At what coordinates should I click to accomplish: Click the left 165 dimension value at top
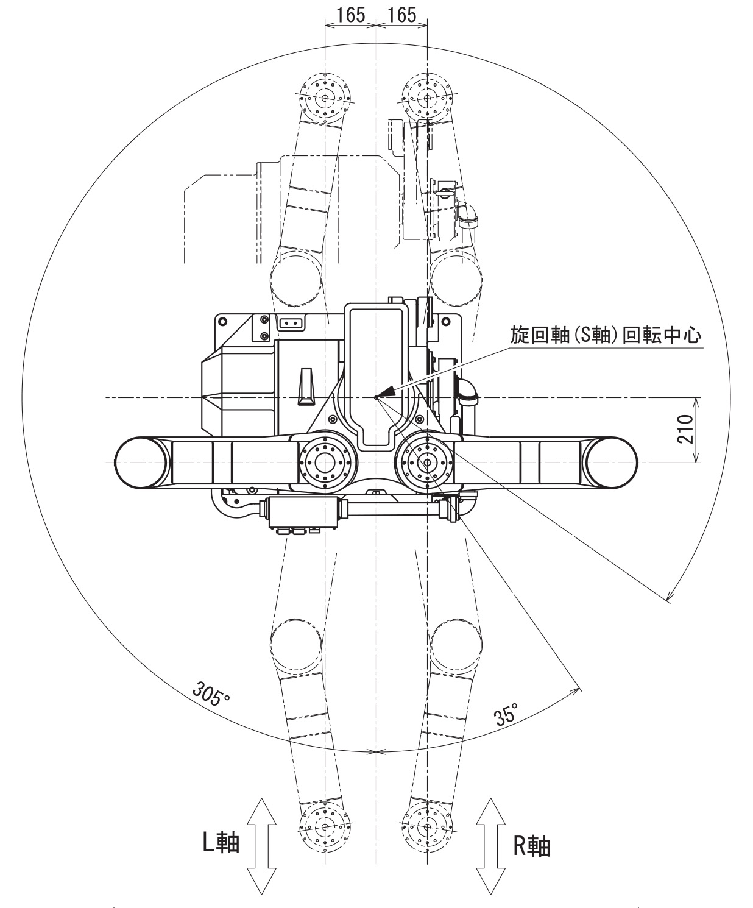tap(351, 15)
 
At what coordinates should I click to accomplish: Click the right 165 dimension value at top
tap(402, 15)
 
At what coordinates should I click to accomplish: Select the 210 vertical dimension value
tap(686, 430)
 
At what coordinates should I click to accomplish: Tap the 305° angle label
tap(210, 693)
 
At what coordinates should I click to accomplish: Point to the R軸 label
tap(531, 846)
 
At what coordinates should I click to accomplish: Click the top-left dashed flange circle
tap(326, 98)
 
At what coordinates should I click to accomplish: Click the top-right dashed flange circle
tap(427, 98)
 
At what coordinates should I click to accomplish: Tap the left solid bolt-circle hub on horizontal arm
tap(326, 463)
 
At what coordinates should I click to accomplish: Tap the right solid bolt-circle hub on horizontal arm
tap(427, 463)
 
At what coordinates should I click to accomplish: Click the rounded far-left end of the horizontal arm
tap(140, 463)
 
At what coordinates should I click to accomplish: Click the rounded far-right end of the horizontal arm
tap(612, 463)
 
